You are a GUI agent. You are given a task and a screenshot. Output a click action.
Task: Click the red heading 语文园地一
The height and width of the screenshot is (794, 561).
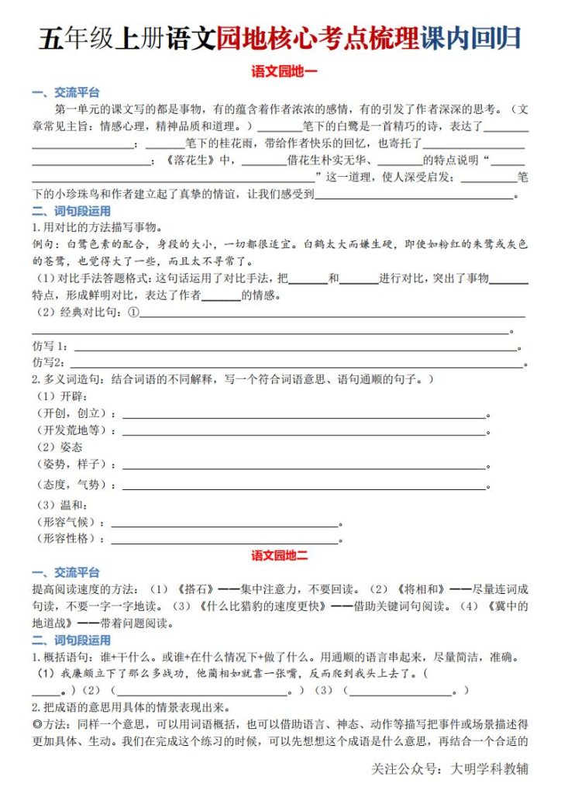[x=280, y=71]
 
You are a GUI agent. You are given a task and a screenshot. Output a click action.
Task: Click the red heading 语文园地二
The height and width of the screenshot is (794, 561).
[x=280, y=556]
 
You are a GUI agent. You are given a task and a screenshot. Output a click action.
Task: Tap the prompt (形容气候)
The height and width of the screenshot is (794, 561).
[x=71, y=522]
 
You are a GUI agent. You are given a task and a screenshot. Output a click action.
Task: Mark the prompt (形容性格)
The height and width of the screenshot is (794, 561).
[x=71, y=539]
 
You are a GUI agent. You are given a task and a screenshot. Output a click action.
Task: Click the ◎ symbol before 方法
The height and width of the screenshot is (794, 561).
[x=36, y=724]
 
